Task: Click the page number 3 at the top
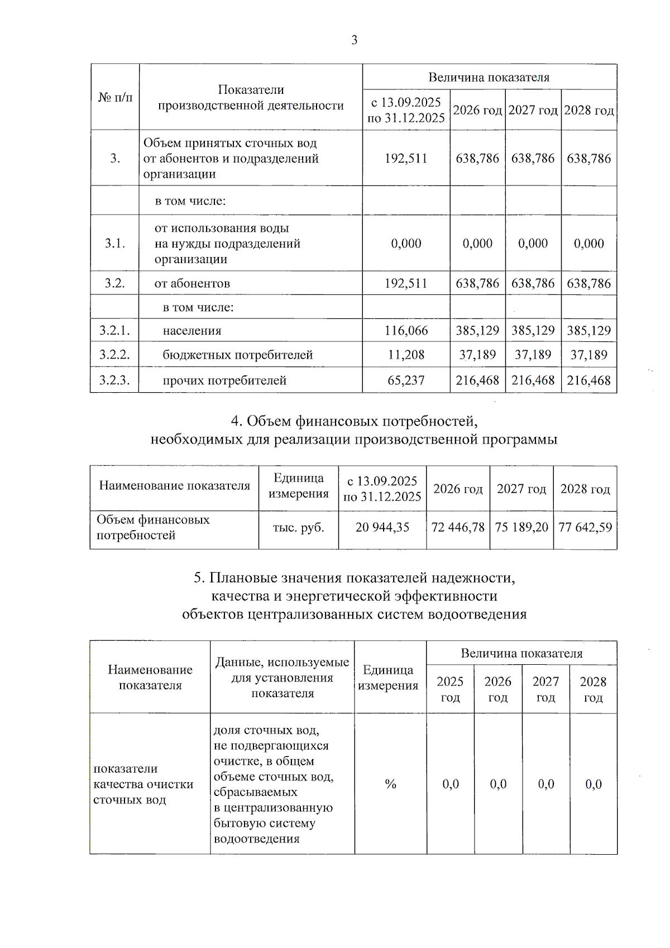pyautogui.click(x=354, y=40)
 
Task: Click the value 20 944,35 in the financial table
pyautogui.click(x=382, y=527)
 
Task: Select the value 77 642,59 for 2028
pyautogui.click(x=585, y=527)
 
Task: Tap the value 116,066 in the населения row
pyautogui.click(x=406, y=331)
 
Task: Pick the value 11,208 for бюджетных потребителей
pyautogui.click(x=406, y=355)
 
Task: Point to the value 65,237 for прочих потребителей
pyautogui.click(x=406, y=380)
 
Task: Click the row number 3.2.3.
pyautogui.click(x=114, y=380)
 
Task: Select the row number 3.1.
pyautogui.click(x=114, y=244)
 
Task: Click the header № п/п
pyautogui.click(x=115, y=98)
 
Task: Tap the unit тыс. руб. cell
pyautogui.click(x=298, y=527)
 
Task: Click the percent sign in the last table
pyautogui.click(x=390, y=784)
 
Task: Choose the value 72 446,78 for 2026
pyautogui.click(x=458, y=527)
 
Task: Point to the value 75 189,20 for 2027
pyautogui.click(x=521, y=527)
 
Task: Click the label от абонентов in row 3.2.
pyautogui.click(x=192, y=284)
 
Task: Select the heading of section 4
pyautogui.click(x=354, y=430)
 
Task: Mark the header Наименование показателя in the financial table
pyautogui.click(x=174, y=485)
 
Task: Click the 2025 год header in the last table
pyautogui.click(x=450, y=689)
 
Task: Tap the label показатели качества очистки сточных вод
pyautogui.click(x=143, y=784)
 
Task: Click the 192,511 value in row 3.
pyautogui.click(x=406, y=159)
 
